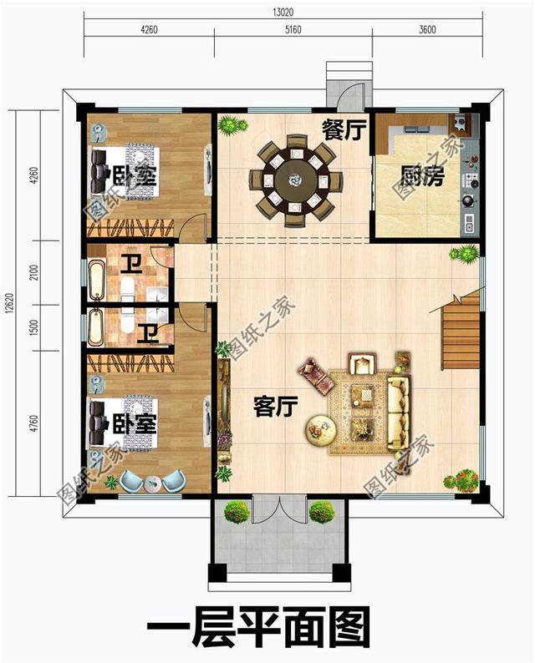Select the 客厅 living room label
276,407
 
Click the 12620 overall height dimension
8,303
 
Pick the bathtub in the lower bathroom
94,326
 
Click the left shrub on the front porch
237,512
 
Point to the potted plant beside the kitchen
464,253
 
